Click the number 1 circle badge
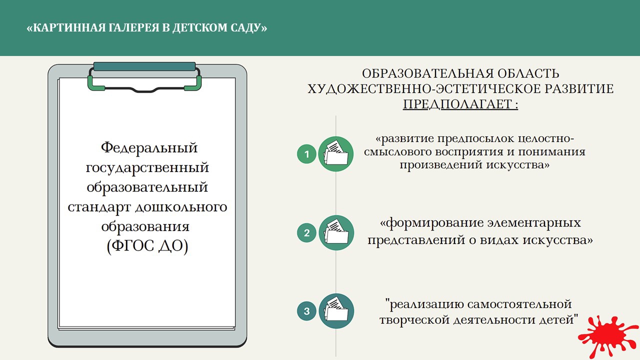click(306, 154)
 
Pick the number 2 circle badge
click(306, 233)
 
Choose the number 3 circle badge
click(306, 311)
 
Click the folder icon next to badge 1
click(336, 154)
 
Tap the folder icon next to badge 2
click(336, 233)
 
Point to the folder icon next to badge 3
click(336, 311)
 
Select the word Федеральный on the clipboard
click(149, 148)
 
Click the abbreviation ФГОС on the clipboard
click(131, 245)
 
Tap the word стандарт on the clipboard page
click(99, 207)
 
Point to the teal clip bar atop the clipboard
click(144, 66)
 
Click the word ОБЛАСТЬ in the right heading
click(528, 73)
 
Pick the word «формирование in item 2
click(432, 223)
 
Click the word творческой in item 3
click(414, 319)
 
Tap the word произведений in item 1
click(441, 165)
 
